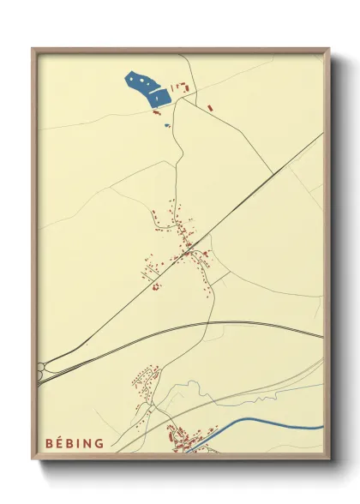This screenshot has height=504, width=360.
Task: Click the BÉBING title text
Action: (x=75, y=443)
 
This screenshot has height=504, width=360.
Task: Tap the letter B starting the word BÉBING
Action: (x=50, y=443)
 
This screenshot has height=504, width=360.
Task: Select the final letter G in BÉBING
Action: (x=99, y=443)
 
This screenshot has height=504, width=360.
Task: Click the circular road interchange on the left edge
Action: (x=40, y=369)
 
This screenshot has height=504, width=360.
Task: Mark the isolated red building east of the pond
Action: (x=209, y=107)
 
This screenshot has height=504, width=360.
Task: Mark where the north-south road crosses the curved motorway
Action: (x=208, y=324)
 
